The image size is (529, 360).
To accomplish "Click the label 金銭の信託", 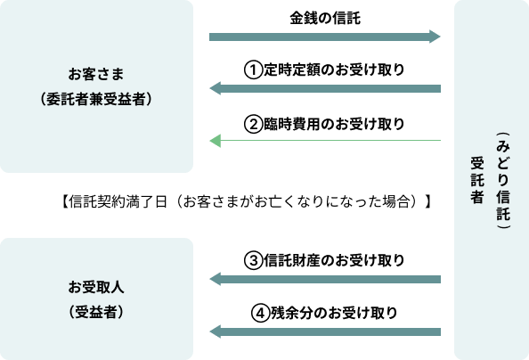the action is click(x=325, y=18).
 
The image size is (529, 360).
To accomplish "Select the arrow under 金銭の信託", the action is click(x=324, y=37).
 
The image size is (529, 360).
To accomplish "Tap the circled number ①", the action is click(x=253, y=70).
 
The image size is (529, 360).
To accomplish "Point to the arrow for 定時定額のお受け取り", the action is click(x=325, y=88).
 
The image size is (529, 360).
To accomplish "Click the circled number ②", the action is click(x=253, y=124).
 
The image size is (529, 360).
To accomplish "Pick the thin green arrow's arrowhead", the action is click(x=216, y=141).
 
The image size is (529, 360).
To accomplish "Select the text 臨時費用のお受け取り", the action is click(x=334, y=124).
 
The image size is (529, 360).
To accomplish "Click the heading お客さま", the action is click(x=96, y=74).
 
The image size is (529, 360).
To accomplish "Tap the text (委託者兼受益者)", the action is click(x=96, y=99).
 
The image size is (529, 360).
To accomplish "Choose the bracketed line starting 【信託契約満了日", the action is click(x=246, y=201).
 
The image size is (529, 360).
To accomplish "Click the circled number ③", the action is click(x=253, y=260).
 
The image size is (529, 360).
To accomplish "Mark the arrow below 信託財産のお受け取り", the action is click(x=325, y=279).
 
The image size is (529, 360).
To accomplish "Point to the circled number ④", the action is click(x=260, y=313).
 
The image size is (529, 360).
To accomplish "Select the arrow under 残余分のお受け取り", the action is click(x=325, y=331).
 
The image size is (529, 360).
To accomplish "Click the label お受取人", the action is click(x=96, y=287).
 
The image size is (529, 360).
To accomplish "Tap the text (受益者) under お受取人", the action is click(x=96, y=312).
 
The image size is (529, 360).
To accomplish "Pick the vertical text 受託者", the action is click(x=477, y=180).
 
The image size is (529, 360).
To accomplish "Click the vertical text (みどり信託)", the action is click(x=503, y=181).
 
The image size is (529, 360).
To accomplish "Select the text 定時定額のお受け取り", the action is click(x=334, y=70).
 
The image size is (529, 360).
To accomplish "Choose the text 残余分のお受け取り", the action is click(x=334, y=313).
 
